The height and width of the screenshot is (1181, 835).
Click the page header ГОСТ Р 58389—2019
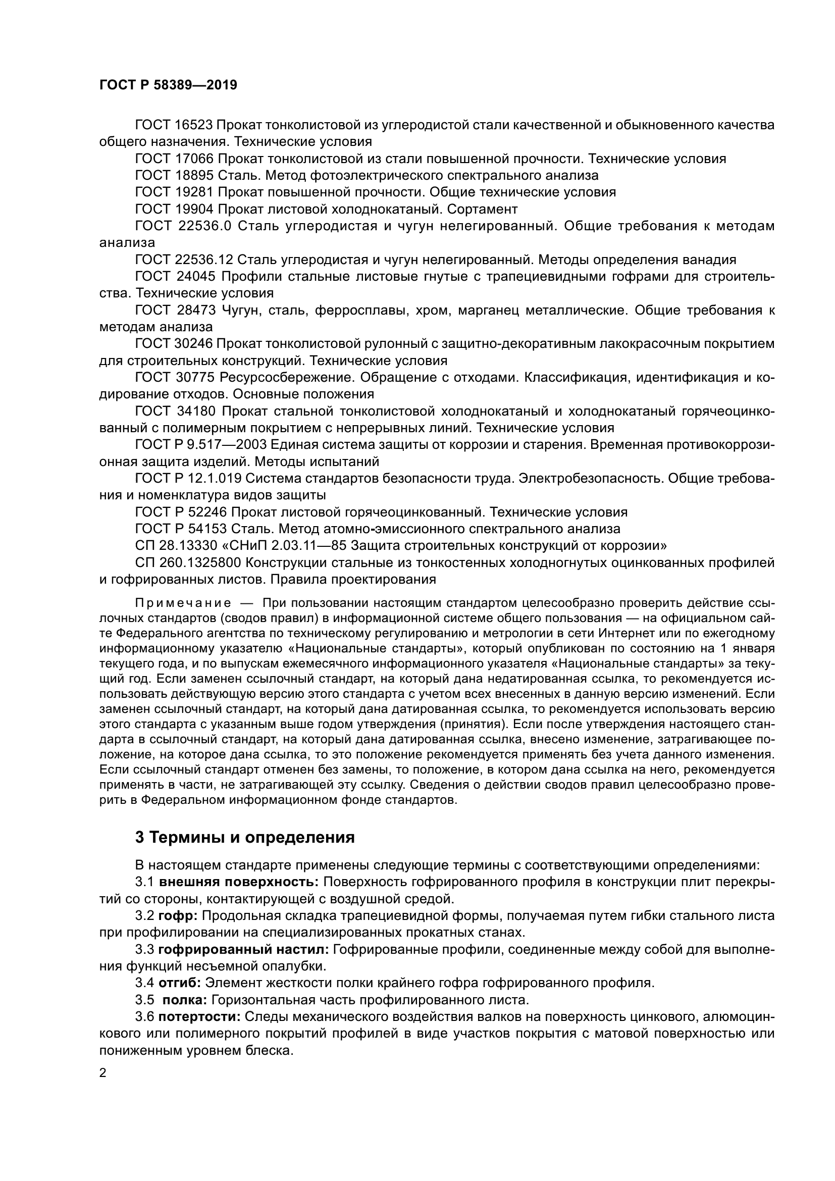tap(168, 85)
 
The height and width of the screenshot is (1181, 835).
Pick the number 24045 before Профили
tap(195, 276)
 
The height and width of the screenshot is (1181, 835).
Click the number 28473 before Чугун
tap(196, 310)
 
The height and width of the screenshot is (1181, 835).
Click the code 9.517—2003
tap(225, 445)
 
